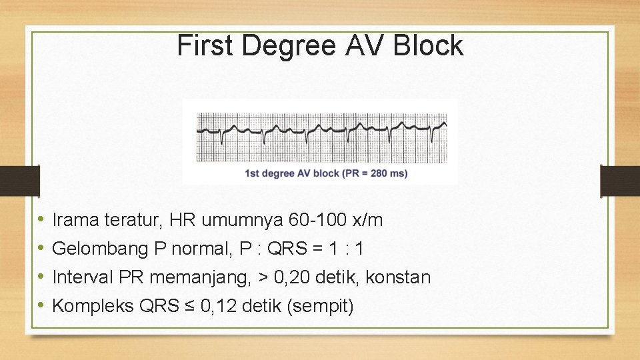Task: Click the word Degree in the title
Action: [291, 46]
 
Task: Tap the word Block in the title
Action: [428, 45]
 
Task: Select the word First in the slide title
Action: [207, 45]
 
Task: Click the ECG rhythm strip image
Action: [321, 137]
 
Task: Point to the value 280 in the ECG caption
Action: [377, 173]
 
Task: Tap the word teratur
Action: [137, 219]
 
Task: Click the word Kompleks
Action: [93, 307]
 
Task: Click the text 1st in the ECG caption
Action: [253, 173]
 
